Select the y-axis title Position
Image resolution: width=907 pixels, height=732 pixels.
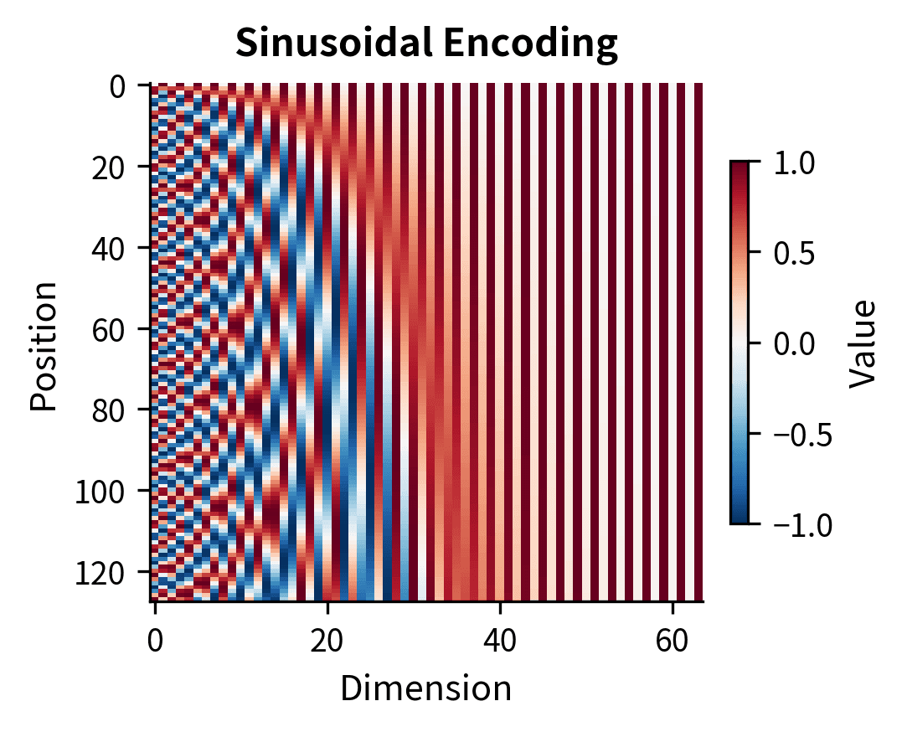pyautogui.click(x=44, y=345)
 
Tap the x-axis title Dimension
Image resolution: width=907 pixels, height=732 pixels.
pyautogui.click(x=425, y=688)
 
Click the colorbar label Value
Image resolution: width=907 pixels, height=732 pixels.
pyautogui.click(x=862, y=343)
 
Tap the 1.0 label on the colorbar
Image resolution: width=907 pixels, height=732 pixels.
pyautogui.click(x=792, y=162)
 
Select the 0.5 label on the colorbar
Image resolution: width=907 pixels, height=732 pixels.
pyautogui.click(x=792, y=253)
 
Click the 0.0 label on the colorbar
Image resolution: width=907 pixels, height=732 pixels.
pyautogui.click(x=792, y=343)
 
